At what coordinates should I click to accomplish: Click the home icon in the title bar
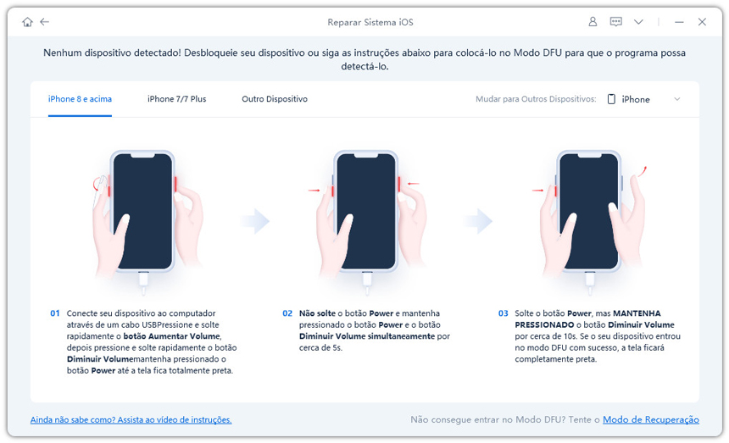[x=27, y=22]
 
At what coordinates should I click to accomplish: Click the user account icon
[x=593, y=22]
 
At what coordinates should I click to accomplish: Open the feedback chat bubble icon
[x=616, y=22]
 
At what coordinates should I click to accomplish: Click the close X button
[x=702, y=22]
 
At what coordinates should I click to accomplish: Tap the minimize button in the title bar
[x=679, y=22]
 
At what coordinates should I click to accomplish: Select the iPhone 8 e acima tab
[x=80, y=99]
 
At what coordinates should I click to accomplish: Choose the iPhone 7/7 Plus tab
[x=176, y=99]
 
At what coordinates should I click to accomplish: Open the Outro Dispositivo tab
[x=275, y=99]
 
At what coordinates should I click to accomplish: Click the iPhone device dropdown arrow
[x=677, y=99]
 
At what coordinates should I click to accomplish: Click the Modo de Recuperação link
[x=651, y=420]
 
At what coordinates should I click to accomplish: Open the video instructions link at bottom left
[x=131, y=420]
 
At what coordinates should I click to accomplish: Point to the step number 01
[x=55, y=313]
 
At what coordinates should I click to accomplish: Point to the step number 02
[x=287, y=313]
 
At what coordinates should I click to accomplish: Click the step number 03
[x=503, y=313]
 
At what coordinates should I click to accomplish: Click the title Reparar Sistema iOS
[x=370, y=22]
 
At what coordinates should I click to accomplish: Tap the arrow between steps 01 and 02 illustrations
[x=256, y=221]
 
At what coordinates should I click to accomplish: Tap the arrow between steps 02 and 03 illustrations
[x=479, y=221]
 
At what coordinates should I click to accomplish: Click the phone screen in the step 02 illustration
[x=366, y=212]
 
